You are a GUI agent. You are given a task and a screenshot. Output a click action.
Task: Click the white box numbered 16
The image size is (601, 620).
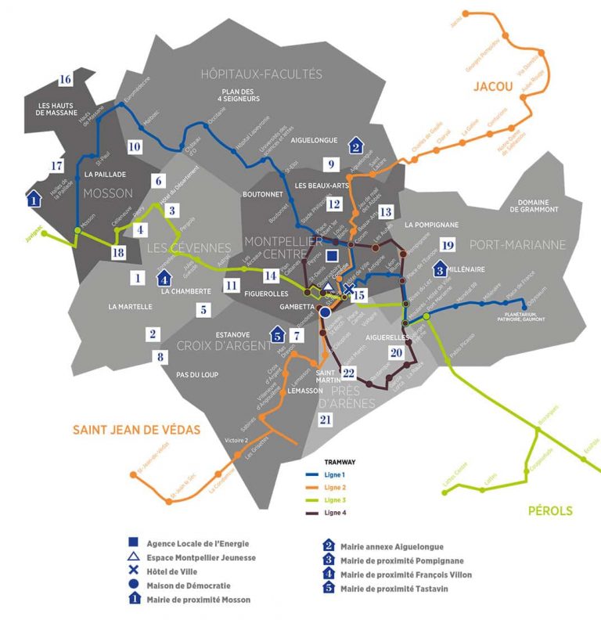coord(65,79)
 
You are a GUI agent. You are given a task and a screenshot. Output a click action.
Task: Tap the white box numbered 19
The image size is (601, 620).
coord(447,243)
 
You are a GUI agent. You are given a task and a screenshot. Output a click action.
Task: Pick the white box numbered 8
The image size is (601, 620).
coord(161,357)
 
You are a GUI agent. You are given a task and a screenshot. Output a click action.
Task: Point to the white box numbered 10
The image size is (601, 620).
coord(135,146)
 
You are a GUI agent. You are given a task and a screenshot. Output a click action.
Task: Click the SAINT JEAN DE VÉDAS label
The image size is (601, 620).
coord(137,429)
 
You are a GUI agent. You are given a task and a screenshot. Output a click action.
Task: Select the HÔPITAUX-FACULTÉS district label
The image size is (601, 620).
coord(261,74)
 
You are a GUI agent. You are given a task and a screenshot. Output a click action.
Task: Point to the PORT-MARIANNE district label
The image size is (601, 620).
coord(519,244)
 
